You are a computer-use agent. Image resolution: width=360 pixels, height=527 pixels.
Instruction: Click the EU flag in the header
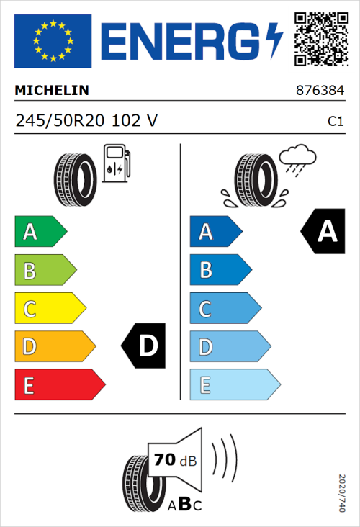point(53,40)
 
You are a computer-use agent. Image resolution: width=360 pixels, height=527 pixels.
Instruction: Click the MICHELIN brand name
point(52,91)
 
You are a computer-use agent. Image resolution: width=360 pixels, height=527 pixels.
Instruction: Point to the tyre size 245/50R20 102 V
point(86,120)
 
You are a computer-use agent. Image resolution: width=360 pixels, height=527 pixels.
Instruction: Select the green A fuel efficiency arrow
point(40,232)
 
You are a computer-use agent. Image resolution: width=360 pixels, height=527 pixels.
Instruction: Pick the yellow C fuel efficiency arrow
point(50,309)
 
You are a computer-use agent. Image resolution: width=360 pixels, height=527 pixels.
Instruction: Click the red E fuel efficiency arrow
point(59,385)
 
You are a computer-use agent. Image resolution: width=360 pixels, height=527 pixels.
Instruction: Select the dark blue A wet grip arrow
point(215,232)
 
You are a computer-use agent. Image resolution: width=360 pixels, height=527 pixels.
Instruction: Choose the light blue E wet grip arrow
point(234,385)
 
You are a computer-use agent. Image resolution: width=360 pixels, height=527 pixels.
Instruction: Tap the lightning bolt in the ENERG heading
point(275,40)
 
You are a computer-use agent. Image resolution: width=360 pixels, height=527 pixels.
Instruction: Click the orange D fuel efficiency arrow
point(55,347)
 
